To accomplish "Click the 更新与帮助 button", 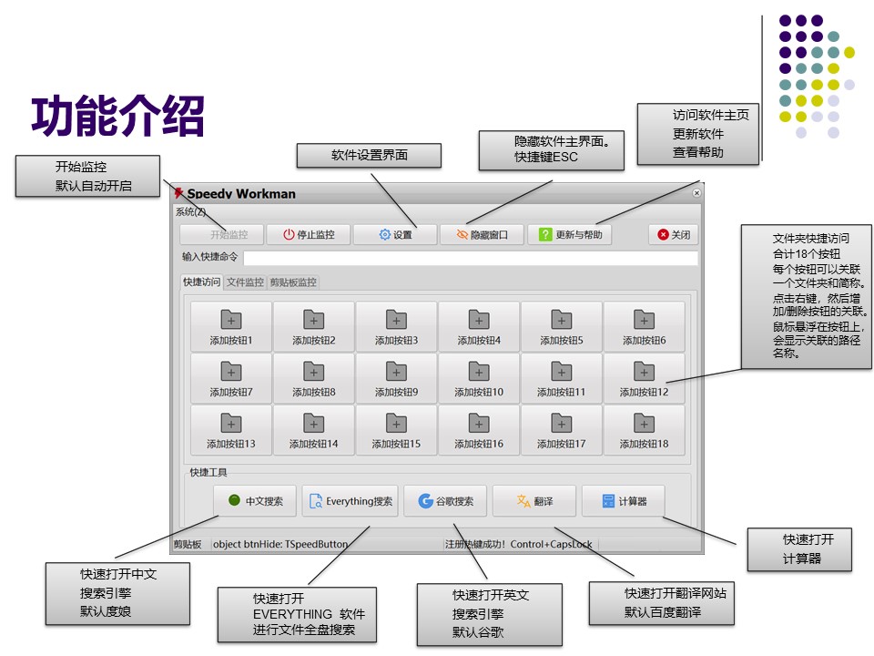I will pyautogui.click(x=570, y=234).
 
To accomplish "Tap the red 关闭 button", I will pyautogui.click(x=675, y=234).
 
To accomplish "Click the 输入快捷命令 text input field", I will pyautogui.click(x=470, y=258).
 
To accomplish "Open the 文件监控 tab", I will pyautogui.click(x=245, y=282).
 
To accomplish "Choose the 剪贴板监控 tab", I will pyautogui.click(x=293, y=282).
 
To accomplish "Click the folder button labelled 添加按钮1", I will pyautogui.click(x=231, y=327).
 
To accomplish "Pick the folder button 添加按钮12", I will pyautogui.click(x=644, y=378).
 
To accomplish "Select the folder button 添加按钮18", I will pyautogui.click(x=644, y=430).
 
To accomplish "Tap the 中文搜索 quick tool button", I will pyautogui.click(x=255, y=501).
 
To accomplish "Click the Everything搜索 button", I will pyautogui.click(x=351, y=501).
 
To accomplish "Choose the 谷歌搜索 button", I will pyautogui.click(x=446, y=501).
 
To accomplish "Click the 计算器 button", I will pyautogui.click(x=623, y=501).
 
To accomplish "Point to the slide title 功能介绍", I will pyautogui.click(x=117, y=116).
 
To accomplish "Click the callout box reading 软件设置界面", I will pyautogui.click(x=369, y=156).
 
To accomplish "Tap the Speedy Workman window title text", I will pyautogui.click(x=241, y=193).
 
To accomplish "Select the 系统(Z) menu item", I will pyautogui.click(x=190, y=212).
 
